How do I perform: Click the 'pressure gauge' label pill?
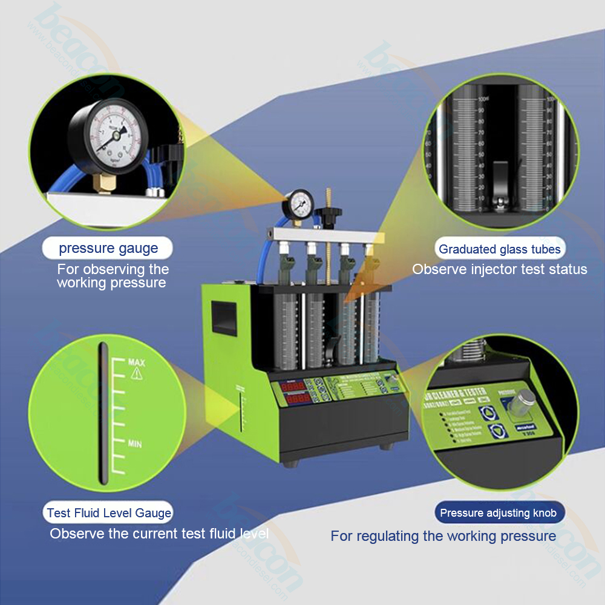(108, 248)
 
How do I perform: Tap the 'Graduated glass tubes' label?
(500, 249)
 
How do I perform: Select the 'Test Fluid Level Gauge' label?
(109, 513)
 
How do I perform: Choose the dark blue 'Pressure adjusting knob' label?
(500, 513)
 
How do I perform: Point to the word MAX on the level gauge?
(136, 362)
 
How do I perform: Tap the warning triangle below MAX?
(136, 373)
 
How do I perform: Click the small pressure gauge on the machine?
(298, 205)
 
